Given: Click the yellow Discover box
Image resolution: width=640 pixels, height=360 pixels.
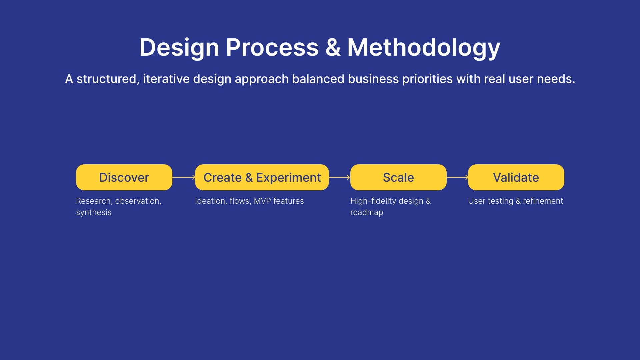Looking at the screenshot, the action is pos(124,177).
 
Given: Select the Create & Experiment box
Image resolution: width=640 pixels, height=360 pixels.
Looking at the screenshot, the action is pos(262,177).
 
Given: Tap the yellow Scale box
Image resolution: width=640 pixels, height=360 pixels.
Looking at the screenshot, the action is pos(398,177).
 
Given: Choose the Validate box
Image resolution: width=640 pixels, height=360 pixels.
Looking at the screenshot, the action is pos(516,177).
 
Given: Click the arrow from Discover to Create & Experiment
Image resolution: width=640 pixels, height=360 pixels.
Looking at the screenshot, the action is pos(184,177).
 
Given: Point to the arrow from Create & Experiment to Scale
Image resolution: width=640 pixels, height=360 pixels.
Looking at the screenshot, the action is pos(340,177).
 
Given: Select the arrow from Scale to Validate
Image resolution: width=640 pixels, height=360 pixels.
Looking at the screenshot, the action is pos(457,177).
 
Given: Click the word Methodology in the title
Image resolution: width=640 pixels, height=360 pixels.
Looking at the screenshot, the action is pos(424,48).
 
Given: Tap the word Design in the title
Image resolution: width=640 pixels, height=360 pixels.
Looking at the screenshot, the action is pos(179,48).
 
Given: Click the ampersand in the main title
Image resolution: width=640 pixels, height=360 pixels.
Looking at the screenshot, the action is pos(333,47).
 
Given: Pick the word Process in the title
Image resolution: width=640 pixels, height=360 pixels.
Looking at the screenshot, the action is pos(272,47).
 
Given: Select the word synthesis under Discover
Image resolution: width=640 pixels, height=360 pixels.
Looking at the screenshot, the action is pos(94,212).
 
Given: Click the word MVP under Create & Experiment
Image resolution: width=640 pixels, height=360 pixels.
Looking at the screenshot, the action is pos(262,201).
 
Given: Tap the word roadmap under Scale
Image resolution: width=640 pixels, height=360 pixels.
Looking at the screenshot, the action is pos(367,212).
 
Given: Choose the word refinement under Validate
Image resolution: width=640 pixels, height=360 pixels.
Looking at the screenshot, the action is pos(543,201).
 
